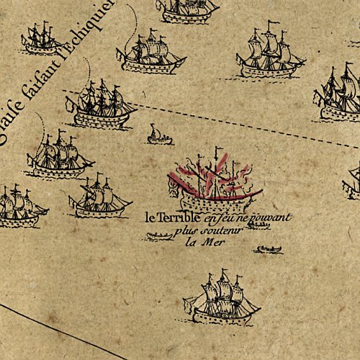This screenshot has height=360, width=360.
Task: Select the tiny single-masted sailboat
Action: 155,135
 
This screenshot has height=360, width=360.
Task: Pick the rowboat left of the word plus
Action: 158,235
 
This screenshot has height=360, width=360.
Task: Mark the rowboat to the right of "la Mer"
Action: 269,251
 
